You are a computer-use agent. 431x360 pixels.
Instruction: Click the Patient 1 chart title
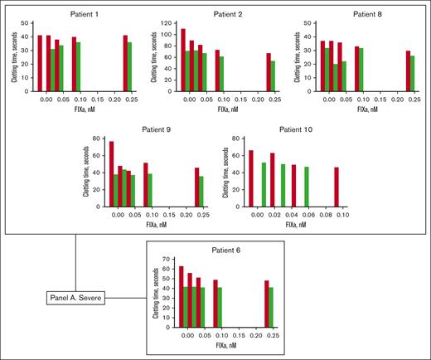[83, 15]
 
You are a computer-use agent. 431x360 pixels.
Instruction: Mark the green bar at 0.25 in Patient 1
[129, 66]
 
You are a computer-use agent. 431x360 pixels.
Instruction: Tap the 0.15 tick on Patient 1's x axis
[101, 97]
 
